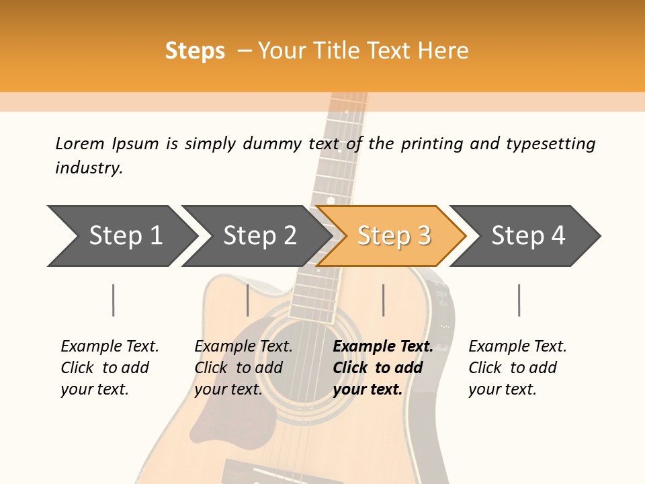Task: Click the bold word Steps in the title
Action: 195,50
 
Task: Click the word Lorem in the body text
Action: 80,143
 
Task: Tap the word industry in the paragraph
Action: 89,167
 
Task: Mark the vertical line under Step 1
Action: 114,300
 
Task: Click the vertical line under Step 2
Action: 248,300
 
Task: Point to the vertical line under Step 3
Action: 384,300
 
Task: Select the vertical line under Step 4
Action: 519,300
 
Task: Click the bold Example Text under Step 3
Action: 383,346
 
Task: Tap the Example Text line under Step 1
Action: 110,346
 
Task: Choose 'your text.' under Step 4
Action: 502,389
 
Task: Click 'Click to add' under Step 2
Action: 239,368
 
